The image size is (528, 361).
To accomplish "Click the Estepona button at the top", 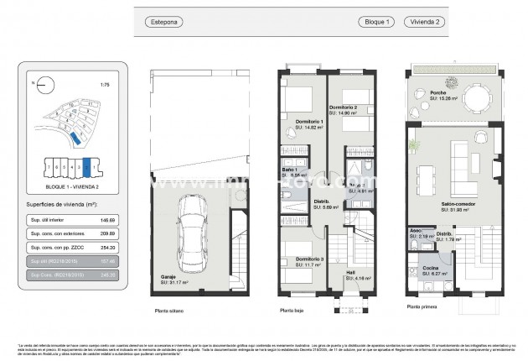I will point(163,21).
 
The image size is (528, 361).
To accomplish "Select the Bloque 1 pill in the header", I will point(375,21).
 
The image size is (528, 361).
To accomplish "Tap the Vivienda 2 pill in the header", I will point(422,21).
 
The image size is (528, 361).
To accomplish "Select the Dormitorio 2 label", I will point(344,107).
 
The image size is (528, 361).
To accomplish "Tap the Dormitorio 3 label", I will point(309,259).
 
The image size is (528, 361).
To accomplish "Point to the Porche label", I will point(437,93).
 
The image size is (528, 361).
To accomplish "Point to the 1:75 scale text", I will point(104,85).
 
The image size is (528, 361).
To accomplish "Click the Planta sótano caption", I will point(168,311).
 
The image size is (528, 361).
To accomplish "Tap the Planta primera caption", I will point(424,306).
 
